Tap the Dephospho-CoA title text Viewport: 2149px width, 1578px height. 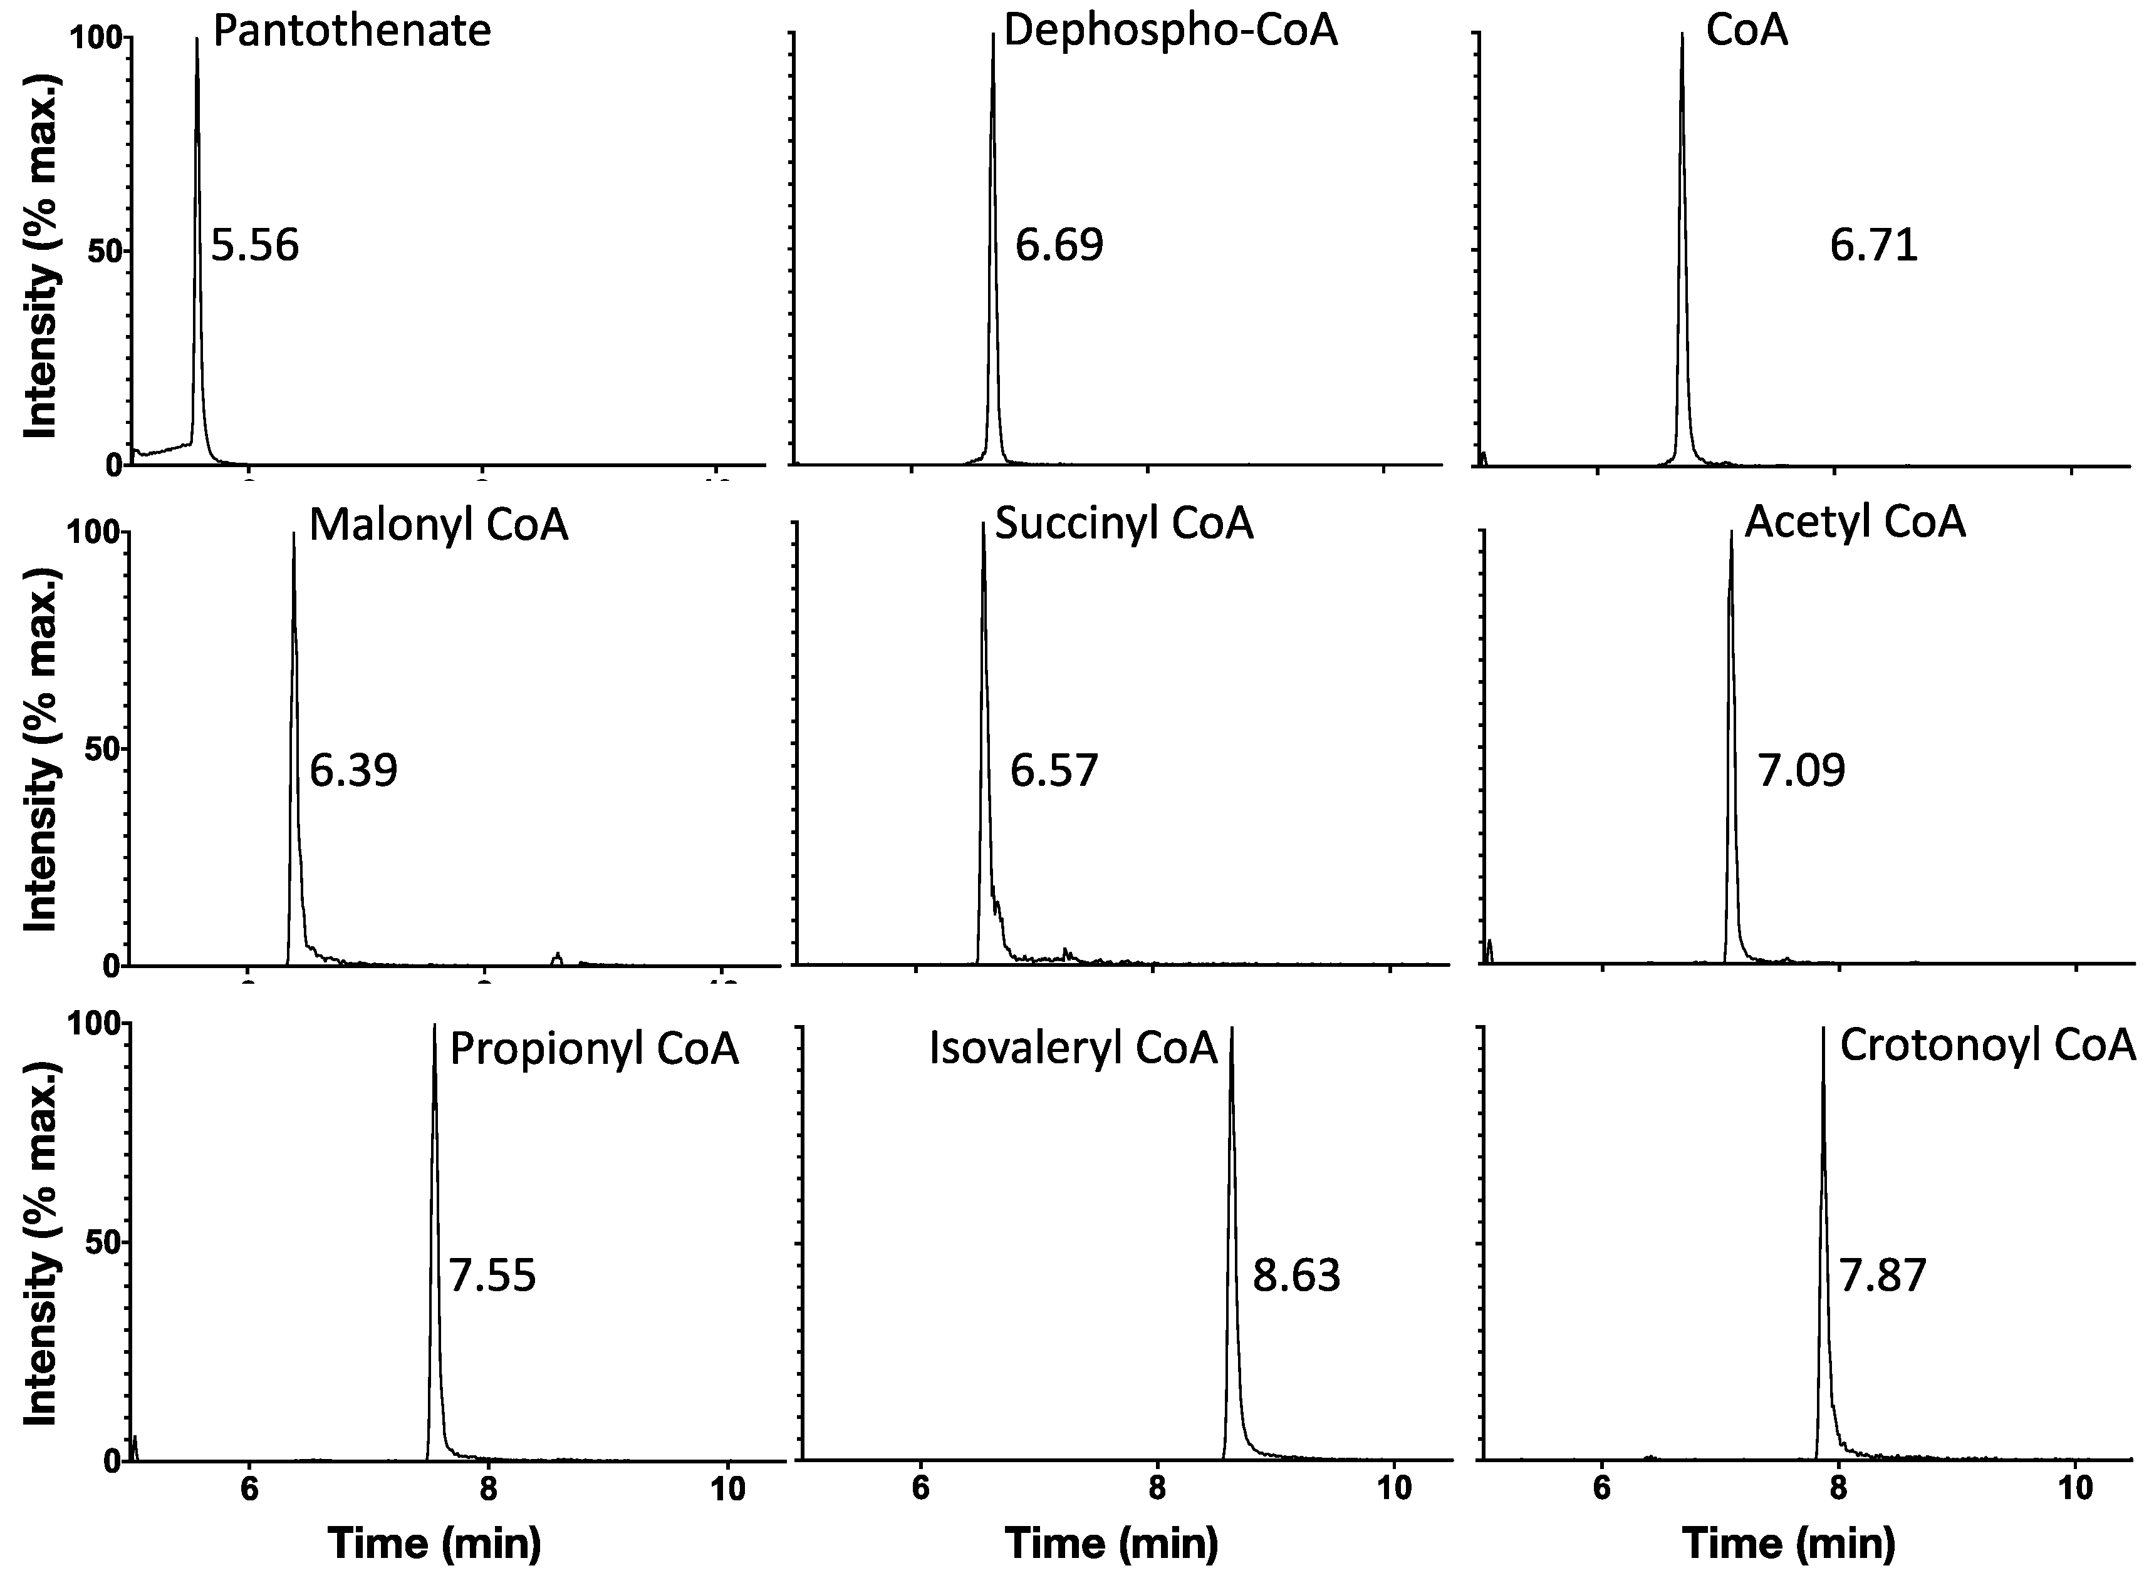(x=1170, y=31)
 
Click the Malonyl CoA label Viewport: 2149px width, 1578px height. (x=438, y=525)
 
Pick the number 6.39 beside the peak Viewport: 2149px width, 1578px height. (x=353, y=770)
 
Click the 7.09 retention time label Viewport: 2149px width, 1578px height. (x=1801, y=770)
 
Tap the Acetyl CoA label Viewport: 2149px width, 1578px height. (x=1855, y=522)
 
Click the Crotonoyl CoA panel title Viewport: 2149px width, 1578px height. (x=1987, y=1045)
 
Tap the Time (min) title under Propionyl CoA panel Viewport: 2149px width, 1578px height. (x=435, y=1544)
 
